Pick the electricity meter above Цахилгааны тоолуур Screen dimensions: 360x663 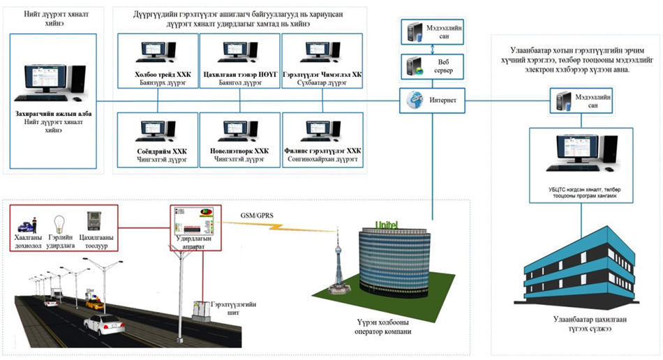tap(92, 221)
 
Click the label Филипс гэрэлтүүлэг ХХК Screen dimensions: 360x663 tap(322, 150)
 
